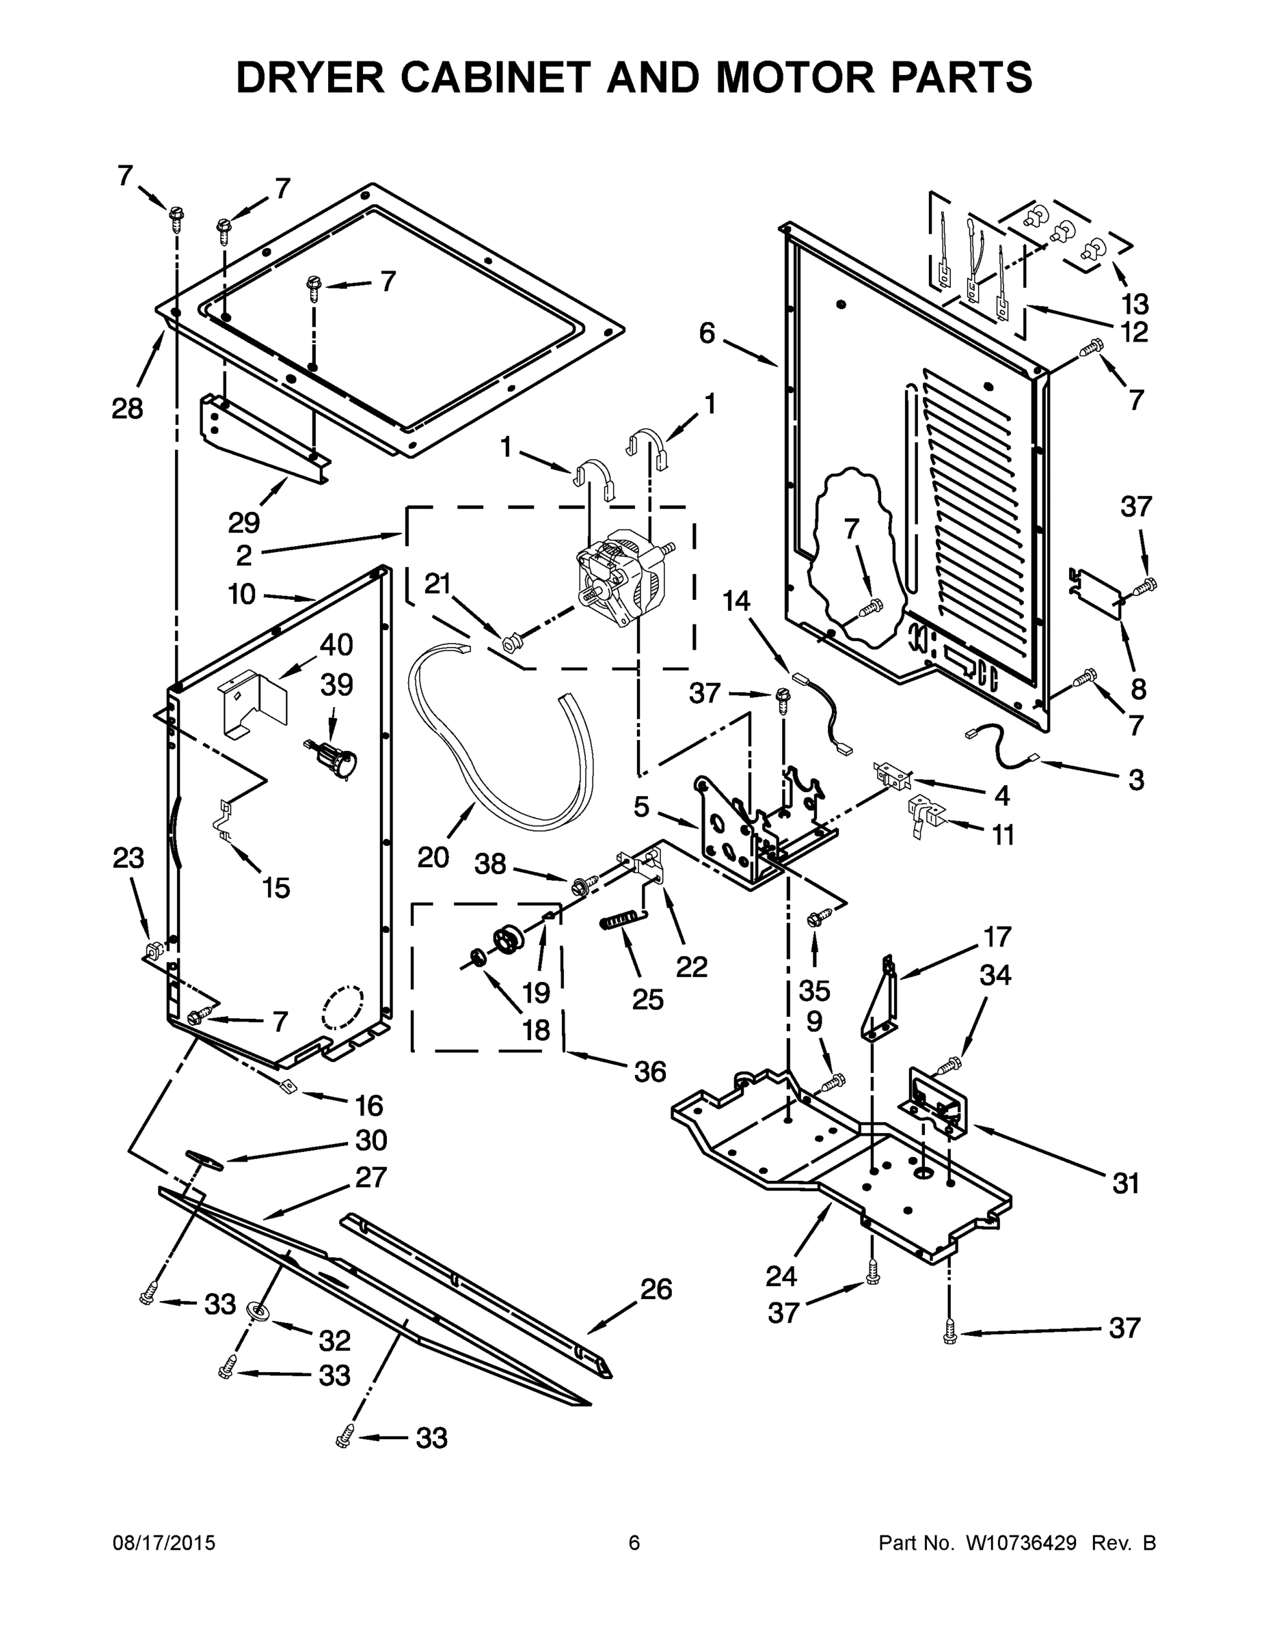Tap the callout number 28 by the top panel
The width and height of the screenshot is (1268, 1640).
click(127, 409)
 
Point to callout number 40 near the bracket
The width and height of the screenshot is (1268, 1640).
click(336, 644)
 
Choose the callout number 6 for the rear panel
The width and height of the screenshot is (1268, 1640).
click(707, 333)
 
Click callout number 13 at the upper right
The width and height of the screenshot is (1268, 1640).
click(1135, 304)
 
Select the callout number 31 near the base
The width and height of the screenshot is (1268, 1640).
click(1125, 1184)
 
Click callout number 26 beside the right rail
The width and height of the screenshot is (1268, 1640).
click(656, 1289)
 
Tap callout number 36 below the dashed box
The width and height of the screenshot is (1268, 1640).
click(650, 1071)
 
